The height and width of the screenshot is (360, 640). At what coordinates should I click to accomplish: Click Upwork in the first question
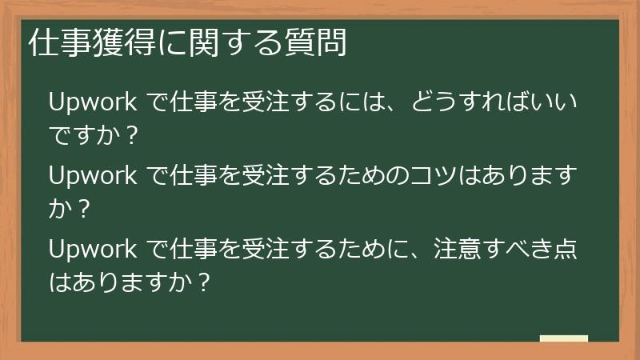[93, 104]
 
